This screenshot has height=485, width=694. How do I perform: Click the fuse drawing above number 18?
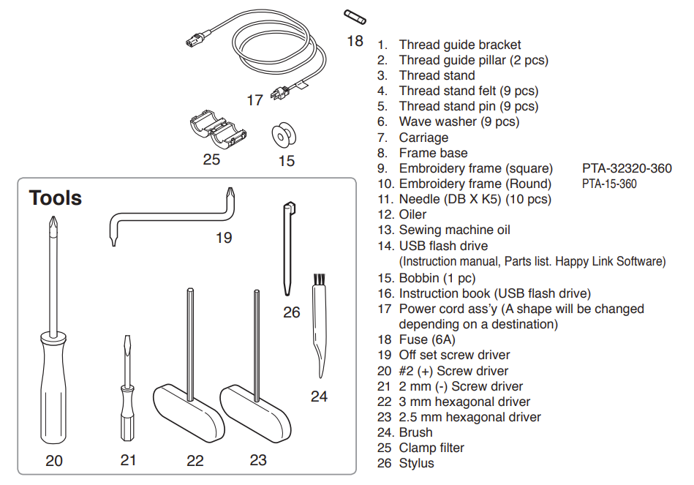point(355,18)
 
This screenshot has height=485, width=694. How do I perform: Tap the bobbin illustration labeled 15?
point(284,136)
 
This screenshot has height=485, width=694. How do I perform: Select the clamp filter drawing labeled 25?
point(218,129)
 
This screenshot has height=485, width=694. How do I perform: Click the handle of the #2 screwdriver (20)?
point(53,388)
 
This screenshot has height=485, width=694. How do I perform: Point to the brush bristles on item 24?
point(319,279)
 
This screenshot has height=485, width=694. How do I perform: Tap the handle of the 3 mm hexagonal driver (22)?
point(188,413)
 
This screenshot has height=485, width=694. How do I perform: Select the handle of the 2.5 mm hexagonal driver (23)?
point(255,413)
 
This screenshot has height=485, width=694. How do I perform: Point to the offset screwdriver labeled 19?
point(173,217)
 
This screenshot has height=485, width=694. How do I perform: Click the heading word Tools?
point(56,198)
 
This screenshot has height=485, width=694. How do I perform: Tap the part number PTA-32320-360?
point(627,168)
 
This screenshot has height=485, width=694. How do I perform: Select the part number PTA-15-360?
point(609,184)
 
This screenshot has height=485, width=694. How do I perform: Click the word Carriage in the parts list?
point(423,138)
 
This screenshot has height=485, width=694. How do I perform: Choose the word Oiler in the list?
point(412,214)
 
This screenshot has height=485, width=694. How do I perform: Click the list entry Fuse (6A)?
point(427,339)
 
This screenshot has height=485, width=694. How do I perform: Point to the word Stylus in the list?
point(417,463)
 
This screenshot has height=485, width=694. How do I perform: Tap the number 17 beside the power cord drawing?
point(255,100)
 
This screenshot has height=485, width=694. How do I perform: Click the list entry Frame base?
point(434,153)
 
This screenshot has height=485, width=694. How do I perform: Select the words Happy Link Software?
point(610,261)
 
